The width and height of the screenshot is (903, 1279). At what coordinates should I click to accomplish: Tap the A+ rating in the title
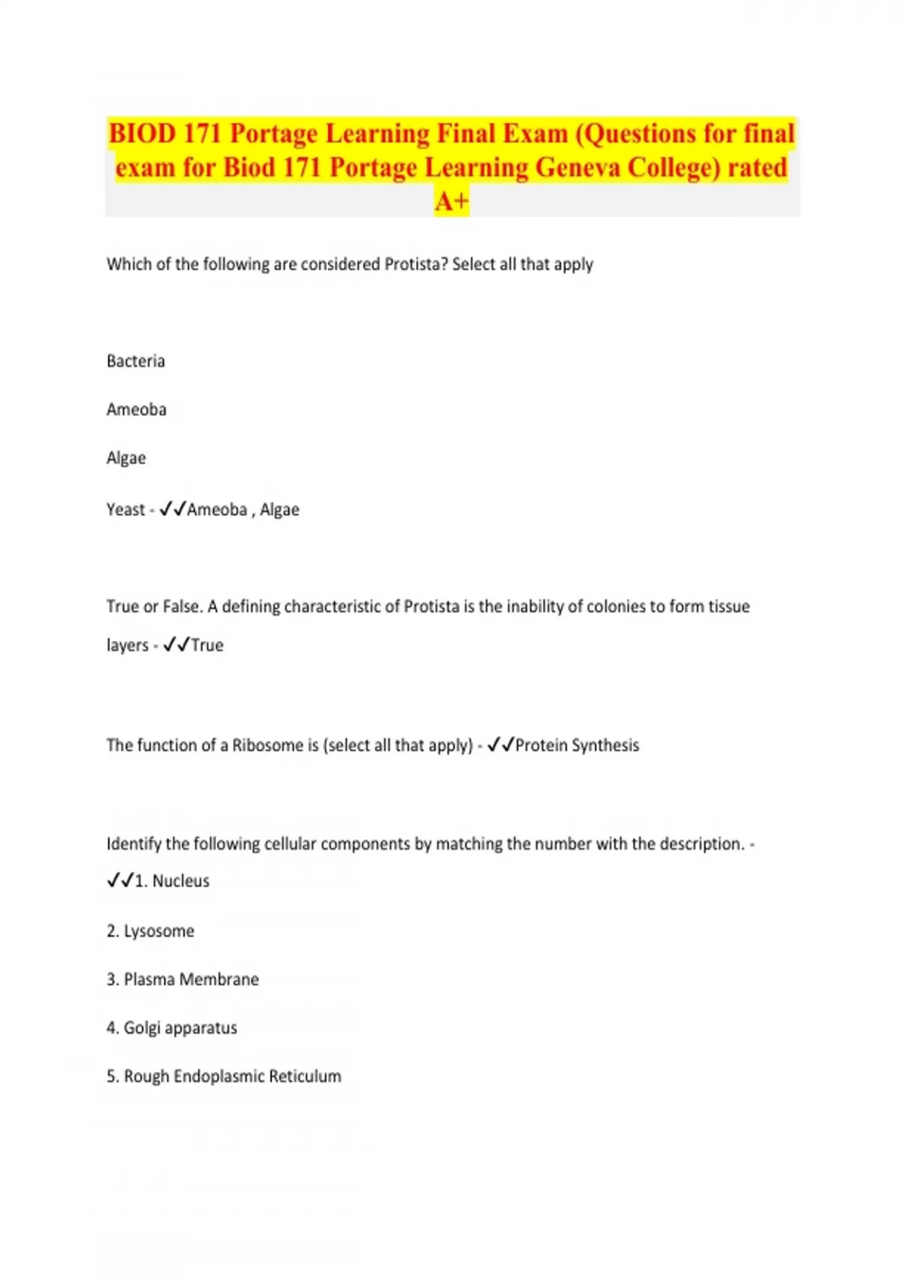click(x=451, y=201)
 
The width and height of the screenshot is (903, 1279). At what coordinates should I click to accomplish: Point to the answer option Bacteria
click(x=135, y=361)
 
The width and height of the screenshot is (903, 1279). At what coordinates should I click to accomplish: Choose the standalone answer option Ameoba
click(x=136, y=409)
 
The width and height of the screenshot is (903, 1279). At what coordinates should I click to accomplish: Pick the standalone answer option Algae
click(x=126, y=458)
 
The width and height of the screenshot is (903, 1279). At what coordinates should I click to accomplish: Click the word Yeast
click(x=126, y=509)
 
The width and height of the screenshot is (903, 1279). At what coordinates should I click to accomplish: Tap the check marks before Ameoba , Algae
click(x=172, y=509)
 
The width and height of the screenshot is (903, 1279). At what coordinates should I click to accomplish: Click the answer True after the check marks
click(x=207, y=645)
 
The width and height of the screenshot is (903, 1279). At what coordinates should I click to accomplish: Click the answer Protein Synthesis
click(x=577, y=745)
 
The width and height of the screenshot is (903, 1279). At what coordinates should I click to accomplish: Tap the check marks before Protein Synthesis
click(x=500, y=745)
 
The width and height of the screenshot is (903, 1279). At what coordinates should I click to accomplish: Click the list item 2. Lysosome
click(x=150, y=931)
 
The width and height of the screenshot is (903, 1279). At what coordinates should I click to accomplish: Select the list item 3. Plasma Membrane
click(x=183, y=979)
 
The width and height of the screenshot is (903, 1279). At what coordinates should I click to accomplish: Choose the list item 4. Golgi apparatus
click(x=172, y=1028)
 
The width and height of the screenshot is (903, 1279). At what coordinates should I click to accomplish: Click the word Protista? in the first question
click(x=416, y=264)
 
